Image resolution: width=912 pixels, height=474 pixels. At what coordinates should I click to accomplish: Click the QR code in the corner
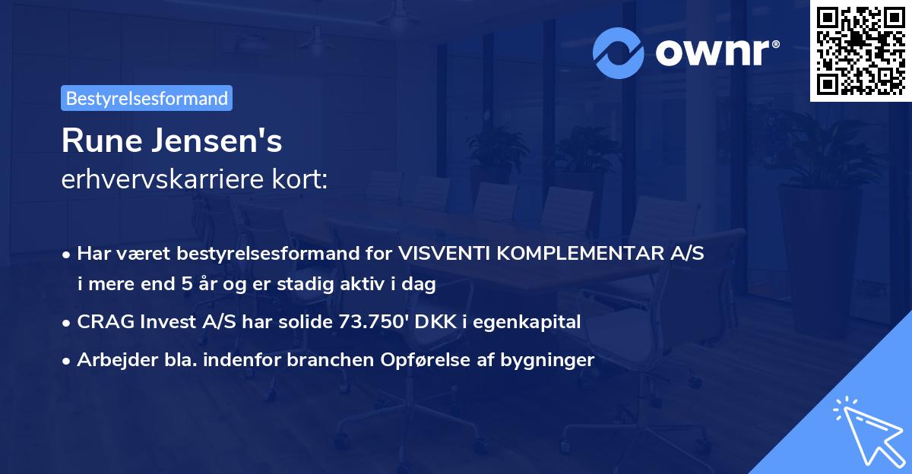click(x=860, y=50)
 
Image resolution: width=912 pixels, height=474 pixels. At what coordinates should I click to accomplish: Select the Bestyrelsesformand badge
click(x=147, y=98)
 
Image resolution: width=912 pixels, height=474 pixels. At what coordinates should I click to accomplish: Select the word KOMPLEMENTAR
click(x=575, y=253)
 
